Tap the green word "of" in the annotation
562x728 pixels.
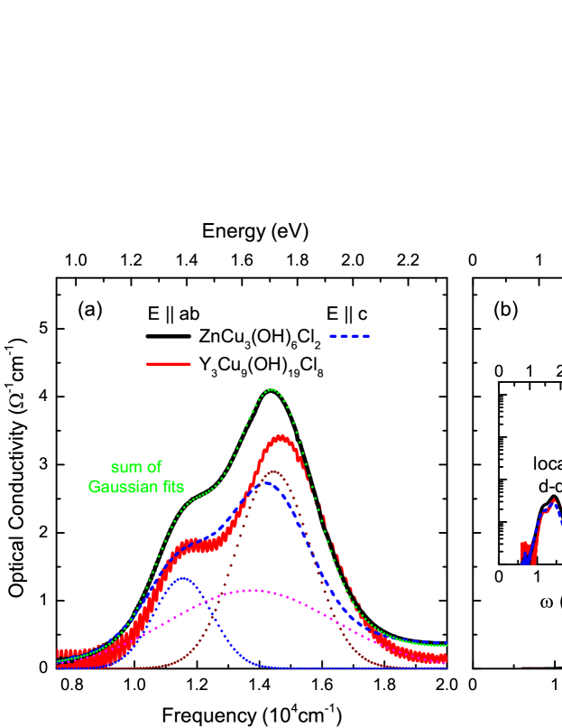(x=154, y=468)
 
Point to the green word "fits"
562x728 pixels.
(x=170, y=488)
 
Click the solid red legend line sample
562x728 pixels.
(x=168, y=364)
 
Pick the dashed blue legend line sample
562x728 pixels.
(x=350, y=336)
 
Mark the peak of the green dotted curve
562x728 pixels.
(x=272, y=389)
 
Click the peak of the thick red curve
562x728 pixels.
(x=281, y=438)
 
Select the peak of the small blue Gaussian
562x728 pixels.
(x=183, y=578)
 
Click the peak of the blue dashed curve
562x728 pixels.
(x=267, y=482)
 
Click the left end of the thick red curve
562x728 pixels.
(x=59, y=654)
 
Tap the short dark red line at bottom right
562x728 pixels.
(x=533, y=667)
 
